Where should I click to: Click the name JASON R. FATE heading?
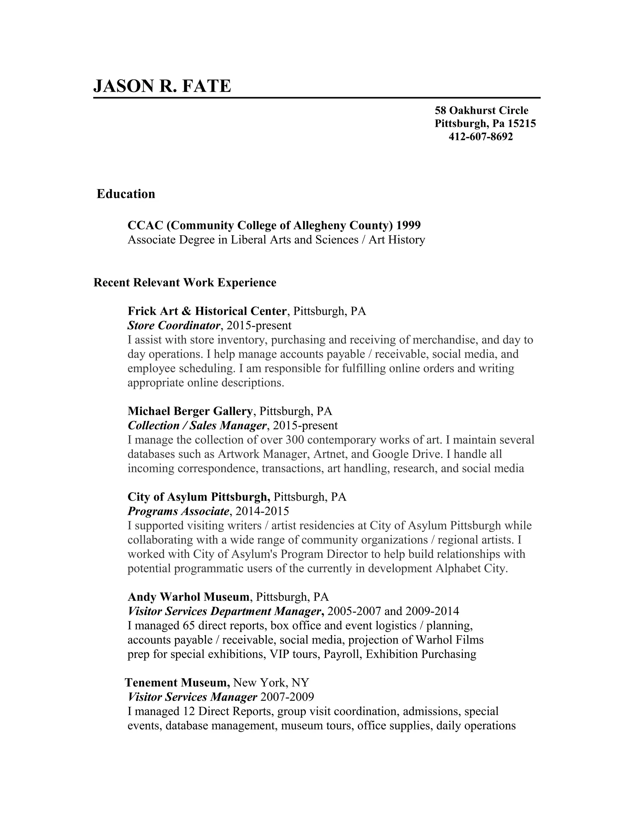point(162,86)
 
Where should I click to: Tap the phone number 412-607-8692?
point(480,137)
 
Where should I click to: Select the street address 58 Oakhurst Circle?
point(481,110)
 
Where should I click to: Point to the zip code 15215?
point(522,123)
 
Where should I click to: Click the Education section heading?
point(126,194)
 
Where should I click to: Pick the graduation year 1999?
point(408,225)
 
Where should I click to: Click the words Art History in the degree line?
point(397,240)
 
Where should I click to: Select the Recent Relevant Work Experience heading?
point(185,282)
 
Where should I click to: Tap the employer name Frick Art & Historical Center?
point(207,311)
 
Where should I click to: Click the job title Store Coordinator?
point(174,325)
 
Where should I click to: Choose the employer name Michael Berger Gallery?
point(190,411)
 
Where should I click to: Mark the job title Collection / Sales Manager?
point(197,425)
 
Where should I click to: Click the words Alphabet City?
point(471,568)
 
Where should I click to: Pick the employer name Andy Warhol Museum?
point(189,597)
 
